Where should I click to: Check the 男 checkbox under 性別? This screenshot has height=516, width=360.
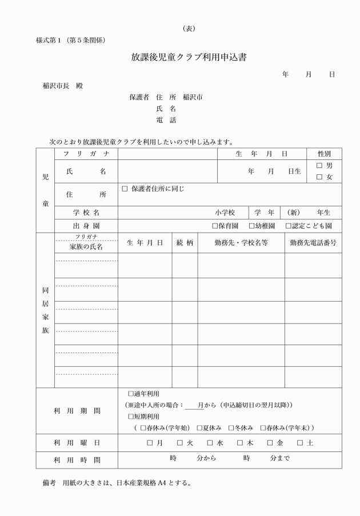click(319, 166)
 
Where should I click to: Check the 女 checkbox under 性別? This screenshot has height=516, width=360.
click(319, 177)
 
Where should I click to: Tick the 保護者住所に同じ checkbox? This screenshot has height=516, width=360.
click(125, 189)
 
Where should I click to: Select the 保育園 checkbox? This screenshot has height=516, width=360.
click(215, 226)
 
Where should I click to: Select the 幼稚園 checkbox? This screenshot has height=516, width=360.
click(251, 226)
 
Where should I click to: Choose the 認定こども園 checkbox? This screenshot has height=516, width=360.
click(288, 226)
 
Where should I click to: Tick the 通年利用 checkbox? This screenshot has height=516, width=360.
click(131, 394)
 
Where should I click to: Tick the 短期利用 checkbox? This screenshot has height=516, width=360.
click(131, 417)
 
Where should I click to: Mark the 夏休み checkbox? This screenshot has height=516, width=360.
click(199, 428)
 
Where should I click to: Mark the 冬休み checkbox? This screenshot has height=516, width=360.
click(231, 428)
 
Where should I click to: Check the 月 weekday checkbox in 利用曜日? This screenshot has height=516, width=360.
click(150, 443)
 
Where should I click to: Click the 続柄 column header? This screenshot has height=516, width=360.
click(185, 242)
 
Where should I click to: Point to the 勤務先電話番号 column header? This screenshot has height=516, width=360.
click(313, 242)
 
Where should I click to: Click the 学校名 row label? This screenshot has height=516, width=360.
click(86, 212)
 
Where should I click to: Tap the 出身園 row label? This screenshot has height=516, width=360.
click(86, 226)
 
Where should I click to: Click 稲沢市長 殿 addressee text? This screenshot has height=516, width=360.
click(63, 86)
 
